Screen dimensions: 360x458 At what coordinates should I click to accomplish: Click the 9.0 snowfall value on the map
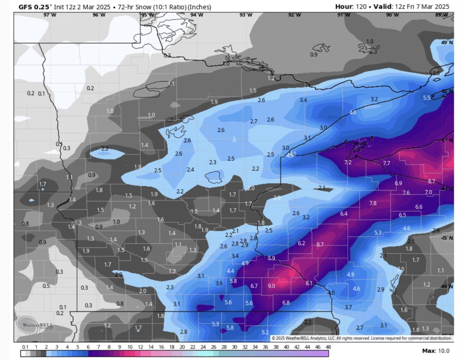271,286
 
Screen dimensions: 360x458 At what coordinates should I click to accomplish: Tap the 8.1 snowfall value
309,283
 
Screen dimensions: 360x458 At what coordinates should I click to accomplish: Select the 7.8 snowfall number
373,203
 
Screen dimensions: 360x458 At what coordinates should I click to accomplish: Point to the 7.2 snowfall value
348,162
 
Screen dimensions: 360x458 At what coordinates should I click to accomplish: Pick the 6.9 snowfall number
398,183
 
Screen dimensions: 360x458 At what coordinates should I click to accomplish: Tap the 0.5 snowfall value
46,286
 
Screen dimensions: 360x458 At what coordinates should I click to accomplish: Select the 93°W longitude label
245,15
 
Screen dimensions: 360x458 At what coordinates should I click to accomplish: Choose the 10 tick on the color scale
130,347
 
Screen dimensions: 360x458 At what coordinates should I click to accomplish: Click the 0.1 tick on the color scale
25,347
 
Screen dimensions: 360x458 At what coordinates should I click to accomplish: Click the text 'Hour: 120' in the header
351,6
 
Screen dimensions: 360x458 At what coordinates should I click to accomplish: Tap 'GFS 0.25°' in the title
34,7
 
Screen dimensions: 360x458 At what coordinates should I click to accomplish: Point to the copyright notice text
361,338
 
